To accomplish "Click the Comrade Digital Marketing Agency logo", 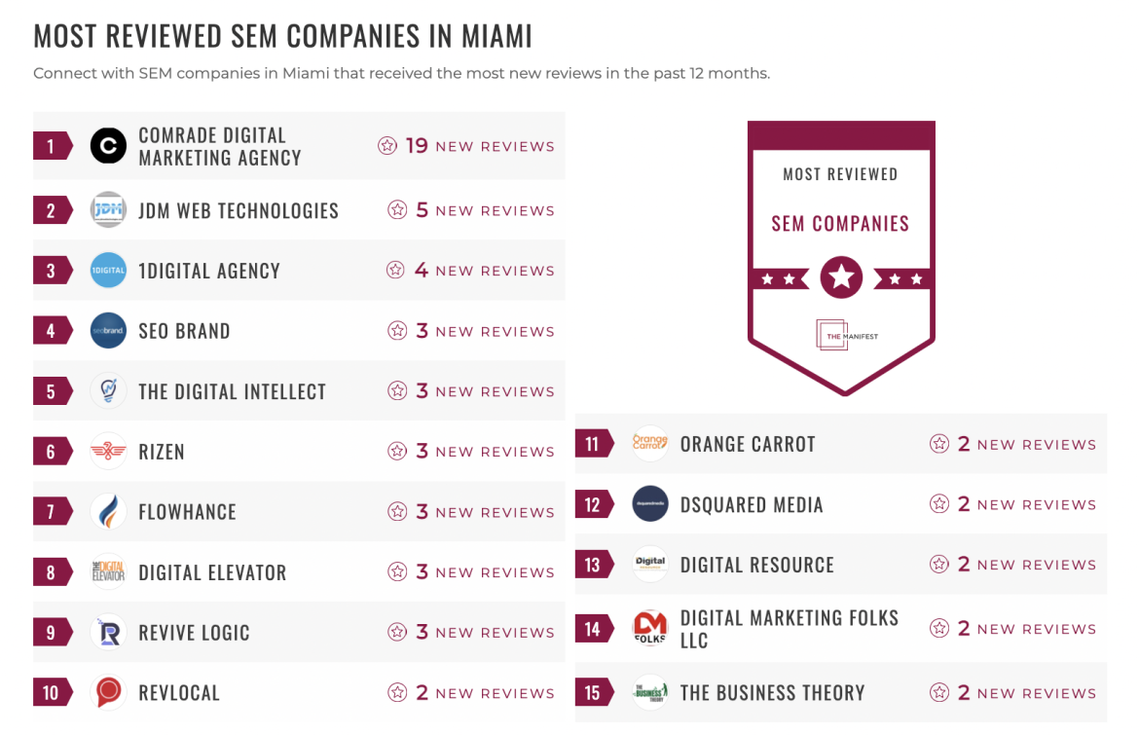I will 108,146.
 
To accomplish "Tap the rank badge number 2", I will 52,210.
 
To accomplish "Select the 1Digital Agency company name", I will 209,271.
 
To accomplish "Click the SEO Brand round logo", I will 108,331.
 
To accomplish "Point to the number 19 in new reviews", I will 417,146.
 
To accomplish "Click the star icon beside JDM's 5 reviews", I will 397,210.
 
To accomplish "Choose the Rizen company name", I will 162,452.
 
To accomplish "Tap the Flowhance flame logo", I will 108,512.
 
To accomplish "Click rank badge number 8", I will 52,572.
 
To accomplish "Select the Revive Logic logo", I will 108,633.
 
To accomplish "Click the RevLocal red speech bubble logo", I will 108,693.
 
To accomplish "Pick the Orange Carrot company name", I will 748,444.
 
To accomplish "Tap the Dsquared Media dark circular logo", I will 650,504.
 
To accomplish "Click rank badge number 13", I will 593,565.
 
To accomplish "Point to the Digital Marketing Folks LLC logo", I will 650,629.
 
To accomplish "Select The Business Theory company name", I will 772,693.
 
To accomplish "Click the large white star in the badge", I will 841,278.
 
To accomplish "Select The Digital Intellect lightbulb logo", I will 108,391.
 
